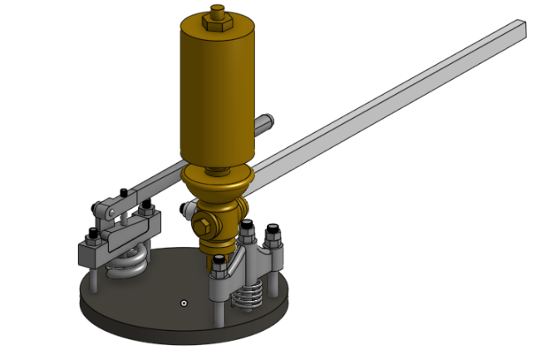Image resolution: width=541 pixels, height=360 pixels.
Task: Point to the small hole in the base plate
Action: pyautogui.click(x=184, y=303)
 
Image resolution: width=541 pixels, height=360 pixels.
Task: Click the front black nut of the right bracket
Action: pyautogui.click(x=218, y=264)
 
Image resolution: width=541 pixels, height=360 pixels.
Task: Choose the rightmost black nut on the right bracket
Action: pyautogui.click(x=273, y=236)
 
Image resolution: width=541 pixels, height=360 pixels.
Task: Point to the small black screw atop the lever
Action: pyautogui.click(x=123, y=192)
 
